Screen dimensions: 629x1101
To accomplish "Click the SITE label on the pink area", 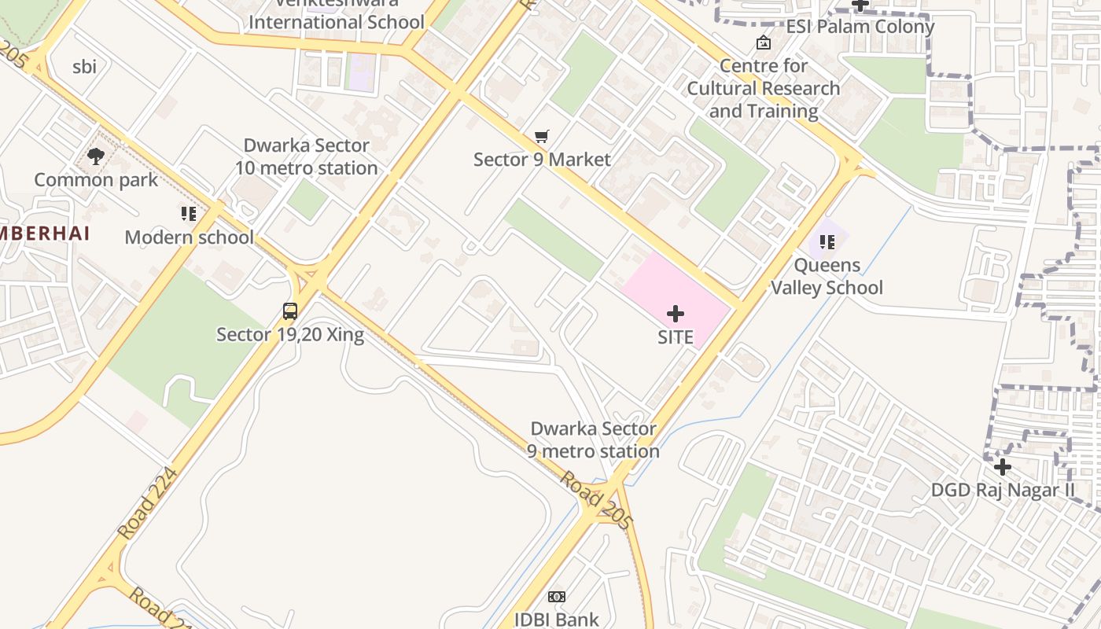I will coord(676,337).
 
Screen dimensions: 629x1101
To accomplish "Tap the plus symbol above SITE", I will coord(676,314).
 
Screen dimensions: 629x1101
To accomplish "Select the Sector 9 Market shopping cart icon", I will coord(541,137).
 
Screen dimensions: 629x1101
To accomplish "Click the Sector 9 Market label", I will coord(542,160).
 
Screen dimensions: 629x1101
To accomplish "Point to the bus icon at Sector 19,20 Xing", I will coord(290,311).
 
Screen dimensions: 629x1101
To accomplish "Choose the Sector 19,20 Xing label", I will coord(290,334).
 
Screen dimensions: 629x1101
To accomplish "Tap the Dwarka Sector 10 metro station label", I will coord(306,156).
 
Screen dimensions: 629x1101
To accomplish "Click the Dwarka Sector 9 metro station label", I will coord(593,440).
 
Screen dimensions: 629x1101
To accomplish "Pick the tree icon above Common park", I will coord(96,156).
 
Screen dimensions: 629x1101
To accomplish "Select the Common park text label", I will coord(96,180).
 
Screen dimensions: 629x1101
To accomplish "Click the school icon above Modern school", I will coord(189,214).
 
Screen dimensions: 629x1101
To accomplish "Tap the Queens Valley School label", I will coord(827,276).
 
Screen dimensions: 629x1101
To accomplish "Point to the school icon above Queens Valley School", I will coord(827,242).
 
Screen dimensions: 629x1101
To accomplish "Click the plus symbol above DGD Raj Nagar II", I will coord(1002,467).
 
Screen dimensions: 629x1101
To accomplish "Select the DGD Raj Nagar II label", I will coord(1003,490).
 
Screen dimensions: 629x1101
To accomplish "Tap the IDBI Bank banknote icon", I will coord(557,597).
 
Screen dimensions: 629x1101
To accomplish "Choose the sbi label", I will coord(84,67).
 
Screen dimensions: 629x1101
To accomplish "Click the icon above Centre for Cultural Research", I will coord(763,42).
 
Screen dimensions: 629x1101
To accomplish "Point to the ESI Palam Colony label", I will coord(860,27).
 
